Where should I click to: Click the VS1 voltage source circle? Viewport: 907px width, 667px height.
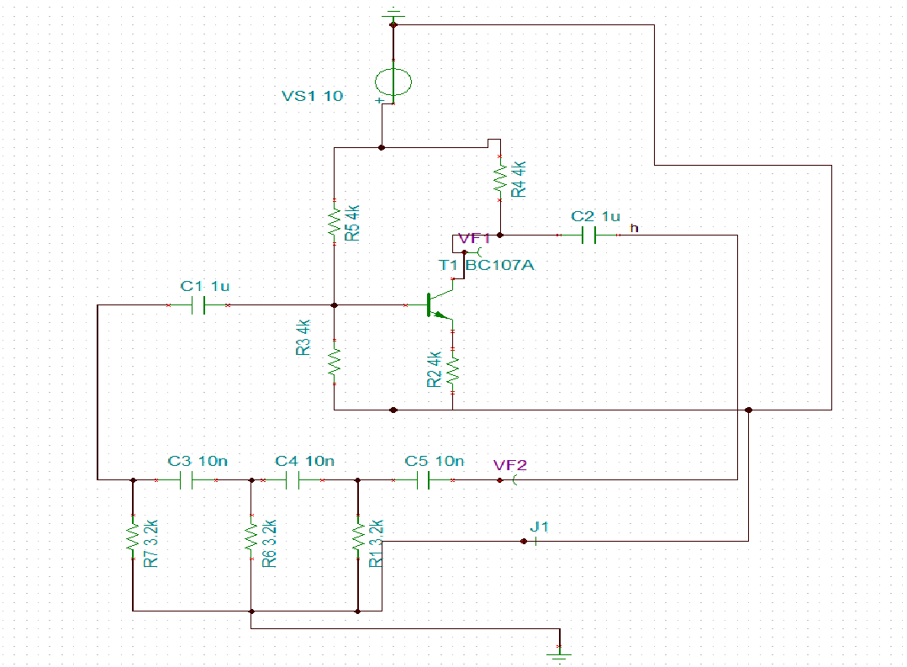(x=393, y=82)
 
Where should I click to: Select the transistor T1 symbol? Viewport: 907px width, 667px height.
(x=440, y=305)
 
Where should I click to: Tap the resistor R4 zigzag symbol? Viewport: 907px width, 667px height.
(x=500, y=178)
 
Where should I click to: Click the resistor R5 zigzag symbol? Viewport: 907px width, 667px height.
(x=335, y=222)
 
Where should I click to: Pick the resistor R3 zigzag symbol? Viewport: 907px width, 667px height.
(x=335, y=362)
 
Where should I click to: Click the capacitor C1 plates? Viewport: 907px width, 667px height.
(x=198, y=305)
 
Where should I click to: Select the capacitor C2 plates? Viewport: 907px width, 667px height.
(x=589, y=235)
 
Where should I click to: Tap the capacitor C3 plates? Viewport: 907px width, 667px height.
(x=187, y=480)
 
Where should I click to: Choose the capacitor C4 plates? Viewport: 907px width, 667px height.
(x=293, y=480)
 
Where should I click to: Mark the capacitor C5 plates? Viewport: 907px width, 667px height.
(x=423, y=480)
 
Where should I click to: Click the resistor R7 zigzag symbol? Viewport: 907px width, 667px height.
(x=133, y=537)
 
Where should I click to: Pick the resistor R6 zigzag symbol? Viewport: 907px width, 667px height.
(x=251, y=537)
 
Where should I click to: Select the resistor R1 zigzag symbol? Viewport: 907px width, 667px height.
(x=358, y=537)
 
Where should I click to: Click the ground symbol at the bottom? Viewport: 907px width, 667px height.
(x=559, y=655)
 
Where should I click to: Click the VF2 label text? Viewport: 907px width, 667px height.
(x=510, y=465)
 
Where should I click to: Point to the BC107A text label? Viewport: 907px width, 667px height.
(x=500, y=265)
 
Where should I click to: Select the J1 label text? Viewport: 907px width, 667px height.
(x=539, y=527)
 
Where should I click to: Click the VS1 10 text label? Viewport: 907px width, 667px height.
(x=313, y=96)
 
